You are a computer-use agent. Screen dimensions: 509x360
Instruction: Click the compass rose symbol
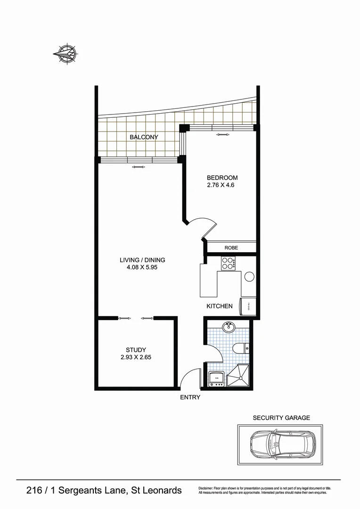coord(65,53)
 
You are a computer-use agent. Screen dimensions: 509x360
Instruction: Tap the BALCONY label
coord(144,137)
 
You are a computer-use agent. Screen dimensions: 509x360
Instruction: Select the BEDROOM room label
coord(222,178)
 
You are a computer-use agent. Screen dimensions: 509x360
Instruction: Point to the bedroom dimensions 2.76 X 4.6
coord(221,185)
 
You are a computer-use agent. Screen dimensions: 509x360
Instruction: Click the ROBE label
coord(231,247)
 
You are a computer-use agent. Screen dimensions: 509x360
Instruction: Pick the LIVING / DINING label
coord(142,260)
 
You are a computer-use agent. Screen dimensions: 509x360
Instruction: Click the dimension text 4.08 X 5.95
coord(142,268)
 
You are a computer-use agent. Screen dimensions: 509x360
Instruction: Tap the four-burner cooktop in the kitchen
coord(228,263)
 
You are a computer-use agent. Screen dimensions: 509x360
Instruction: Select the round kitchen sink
coord(249,277)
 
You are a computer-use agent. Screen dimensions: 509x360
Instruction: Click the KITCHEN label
coord(220,306)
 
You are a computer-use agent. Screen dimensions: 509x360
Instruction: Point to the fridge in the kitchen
coord(248,305)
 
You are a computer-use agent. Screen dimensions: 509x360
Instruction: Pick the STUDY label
coord(136,350)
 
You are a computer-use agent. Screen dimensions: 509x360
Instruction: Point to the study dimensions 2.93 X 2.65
coord(136,357)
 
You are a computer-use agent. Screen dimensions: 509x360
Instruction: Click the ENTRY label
coord(190,397)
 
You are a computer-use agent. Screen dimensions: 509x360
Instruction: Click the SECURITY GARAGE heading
coord(281,418)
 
